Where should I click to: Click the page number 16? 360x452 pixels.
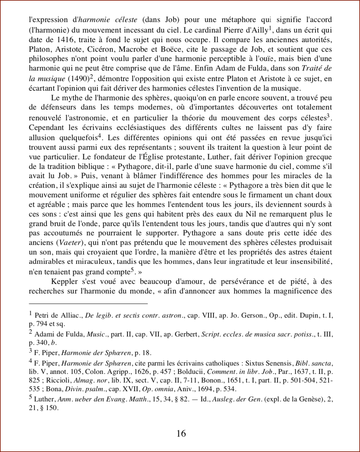coord(181,434)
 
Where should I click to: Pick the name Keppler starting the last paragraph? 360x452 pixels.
coord(64,282)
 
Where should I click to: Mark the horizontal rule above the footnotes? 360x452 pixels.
coord(88,304)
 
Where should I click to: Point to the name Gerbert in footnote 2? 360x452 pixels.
coord(186,334)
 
